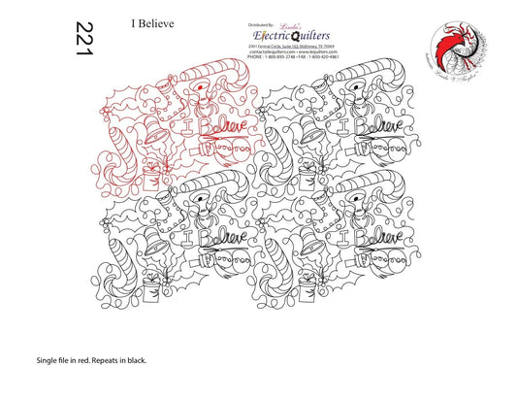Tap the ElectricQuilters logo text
click(280, 36)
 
